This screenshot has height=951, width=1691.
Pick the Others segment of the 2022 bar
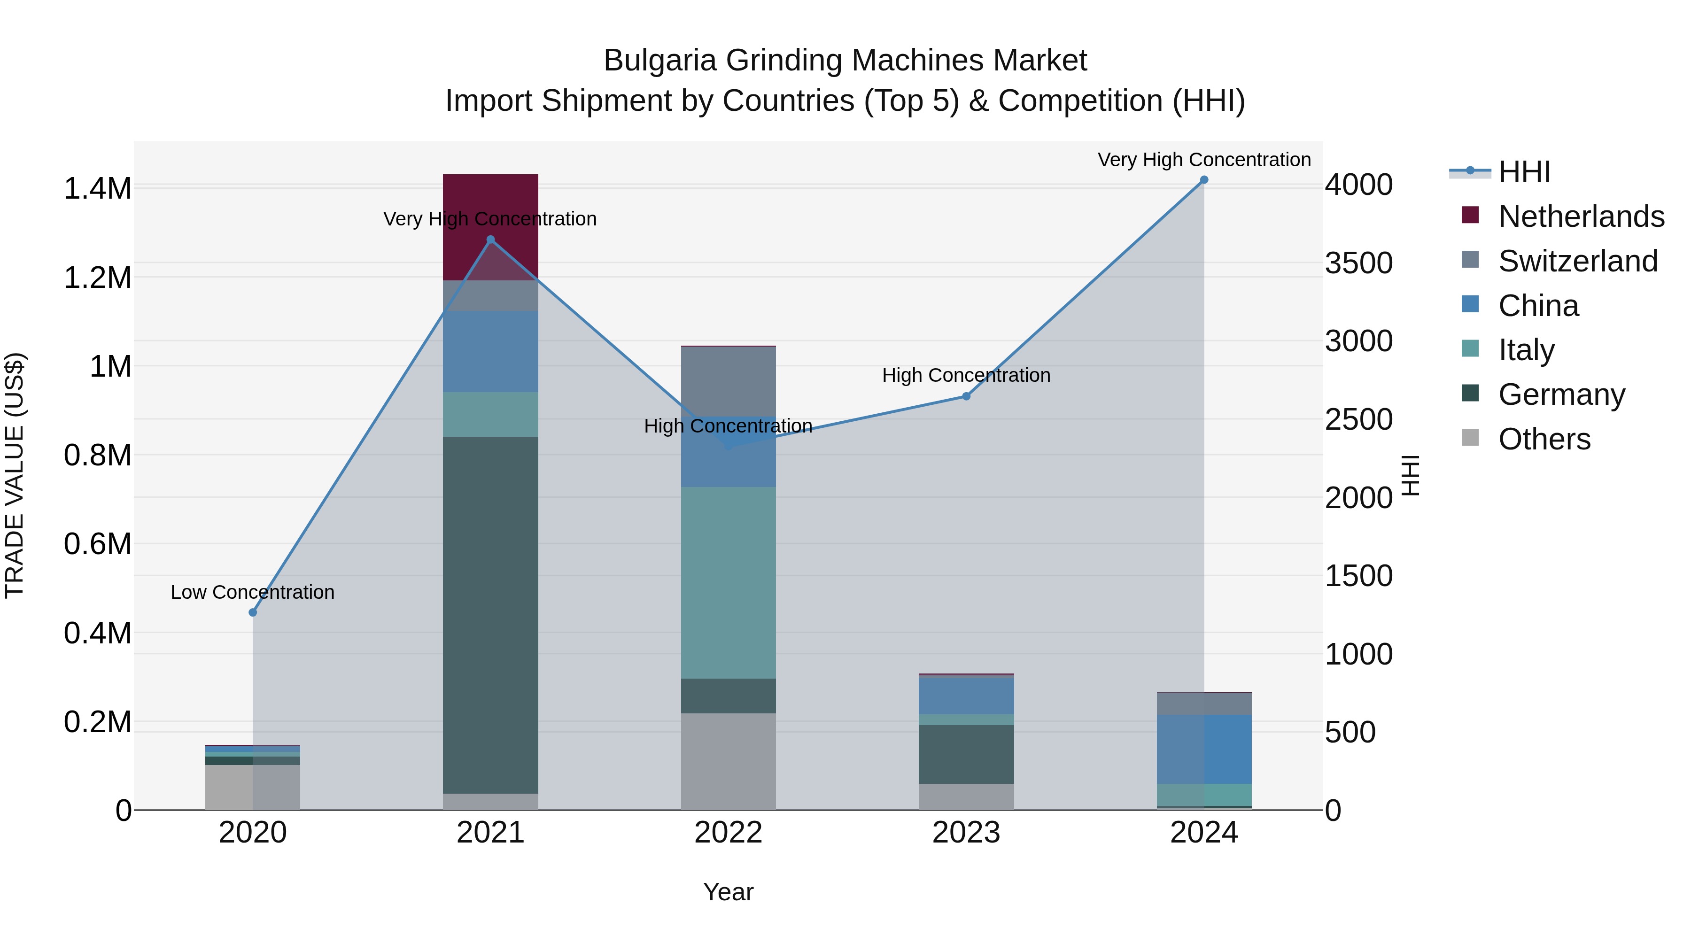pos(728,761)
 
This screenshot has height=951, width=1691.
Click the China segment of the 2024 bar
pos(1203,749)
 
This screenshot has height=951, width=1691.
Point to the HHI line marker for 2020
pos(253,612)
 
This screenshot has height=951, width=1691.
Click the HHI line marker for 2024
pos(1203,180)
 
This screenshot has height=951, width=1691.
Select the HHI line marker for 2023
pos(966,396)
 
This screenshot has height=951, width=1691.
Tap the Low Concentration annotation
pos(253,592)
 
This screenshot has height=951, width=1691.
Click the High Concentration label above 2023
pos(966,375)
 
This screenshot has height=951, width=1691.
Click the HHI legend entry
pos(1524,172)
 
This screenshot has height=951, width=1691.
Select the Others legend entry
pos(1544,439)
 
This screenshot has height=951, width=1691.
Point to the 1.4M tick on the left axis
pos(97,189)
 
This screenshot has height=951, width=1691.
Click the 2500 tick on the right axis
pos(1358,420)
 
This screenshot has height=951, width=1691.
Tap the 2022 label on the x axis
pos(728,833)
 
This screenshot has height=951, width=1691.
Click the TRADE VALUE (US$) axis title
pos(15,475)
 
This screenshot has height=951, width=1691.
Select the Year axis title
pos(728,892)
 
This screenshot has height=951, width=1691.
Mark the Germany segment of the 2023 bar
pos(966,754)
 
